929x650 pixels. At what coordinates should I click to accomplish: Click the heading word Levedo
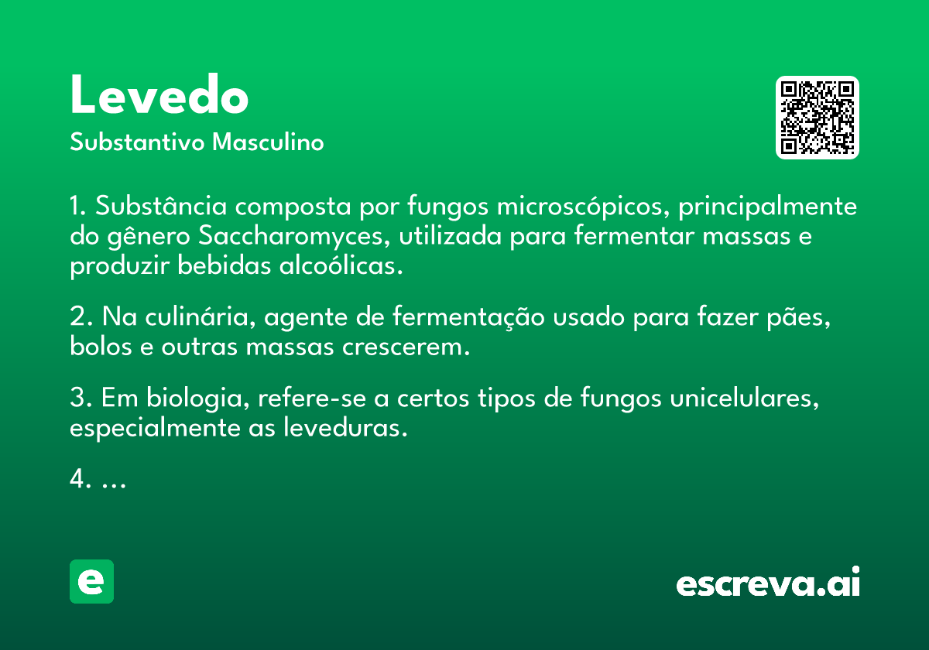159,97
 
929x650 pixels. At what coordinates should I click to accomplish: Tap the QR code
818,118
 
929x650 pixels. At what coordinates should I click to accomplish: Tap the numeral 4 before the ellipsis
77,480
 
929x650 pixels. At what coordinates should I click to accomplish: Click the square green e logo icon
91,581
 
